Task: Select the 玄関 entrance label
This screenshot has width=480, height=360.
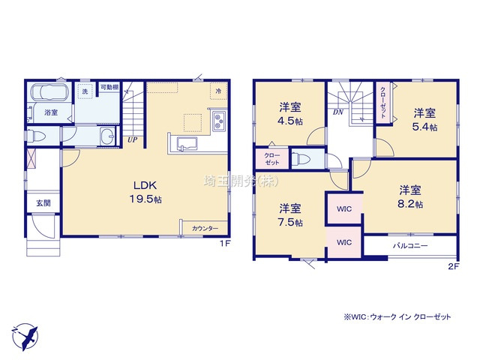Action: (41, 203)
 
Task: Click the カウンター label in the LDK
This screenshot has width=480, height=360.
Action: (205, 228)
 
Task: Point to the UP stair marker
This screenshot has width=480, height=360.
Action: (132, 139)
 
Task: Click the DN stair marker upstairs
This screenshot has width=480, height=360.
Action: (337, 112)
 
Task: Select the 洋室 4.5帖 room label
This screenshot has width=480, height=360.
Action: (289, 113)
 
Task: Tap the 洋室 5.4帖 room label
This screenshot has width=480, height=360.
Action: (424, 119)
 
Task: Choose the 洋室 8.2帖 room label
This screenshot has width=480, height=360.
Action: (410, 196)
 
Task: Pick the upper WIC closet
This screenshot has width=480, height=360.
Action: (344, 208)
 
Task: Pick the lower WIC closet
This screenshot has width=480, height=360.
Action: (343, 242)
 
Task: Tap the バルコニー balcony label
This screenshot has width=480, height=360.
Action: (409, 245)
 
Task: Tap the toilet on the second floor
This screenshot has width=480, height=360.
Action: (301, 159)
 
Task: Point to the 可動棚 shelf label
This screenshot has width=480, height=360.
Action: (108, 87)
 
